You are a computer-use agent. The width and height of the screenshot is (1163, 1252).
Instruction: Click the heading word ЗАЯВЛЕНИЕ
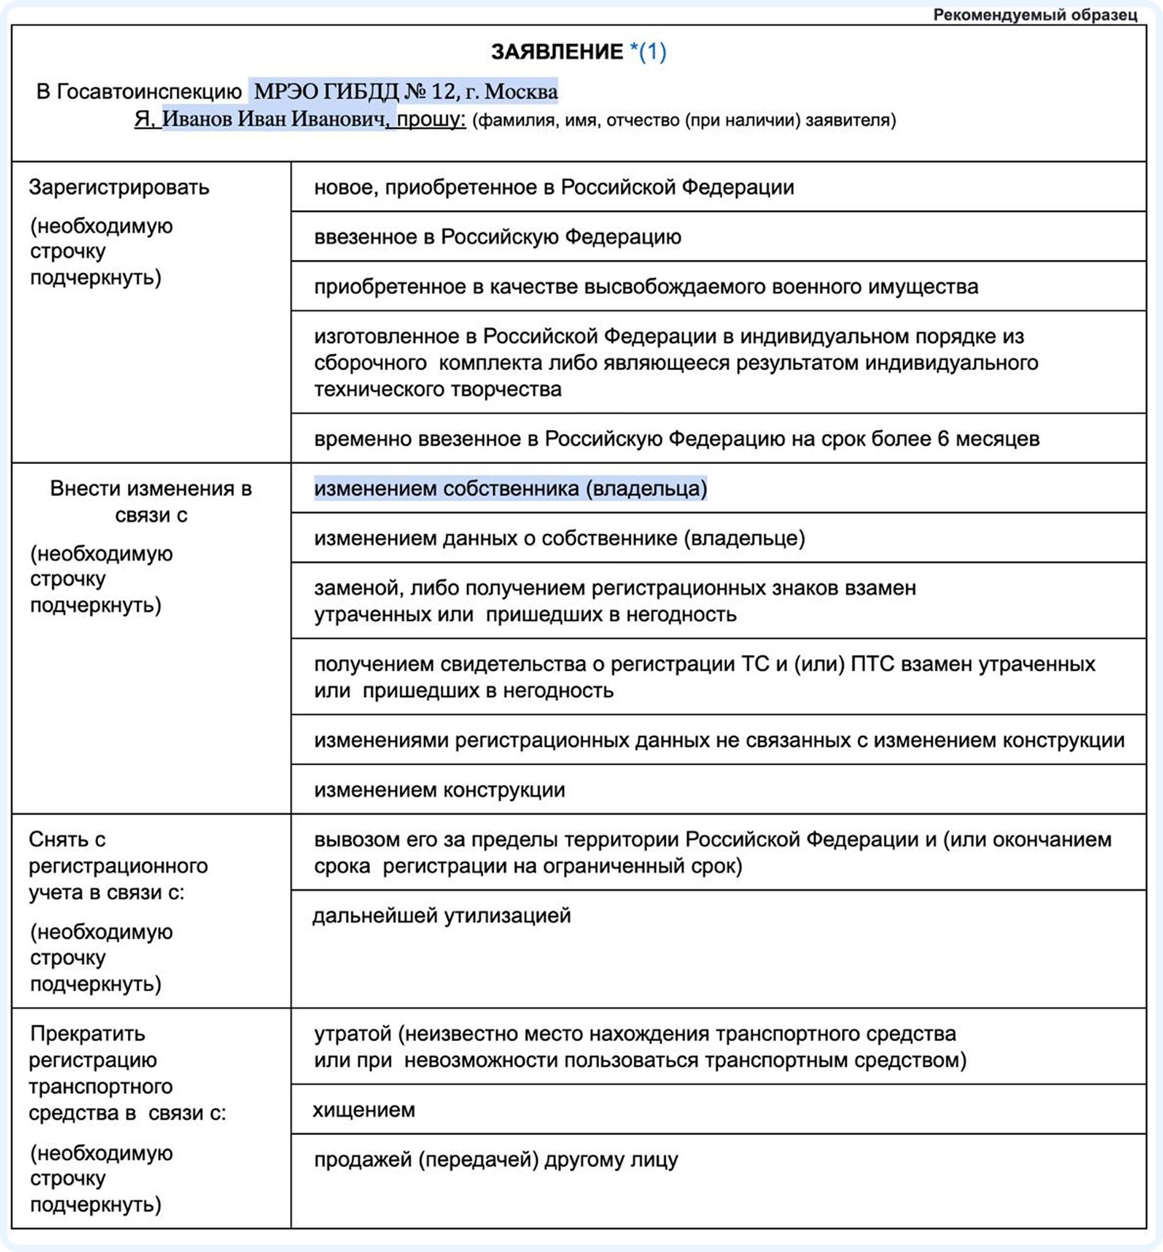point(557,52)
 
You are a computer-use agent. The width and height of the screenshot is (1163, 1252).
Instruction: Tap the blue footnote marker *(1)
point(648,52)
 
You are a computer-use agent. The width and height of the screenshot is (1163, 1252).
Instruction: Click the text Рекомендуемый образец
point(1035,15)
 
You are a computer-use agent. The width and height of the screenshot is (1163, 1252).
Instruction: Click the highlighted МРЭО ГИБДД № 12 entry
point(405,92)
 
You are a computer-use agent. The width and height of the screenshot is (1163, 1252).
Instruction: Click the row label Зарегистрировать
point(119,188)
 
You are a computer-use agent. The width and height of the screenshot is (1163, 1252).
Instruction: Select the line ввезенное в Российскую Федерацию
point(497,237)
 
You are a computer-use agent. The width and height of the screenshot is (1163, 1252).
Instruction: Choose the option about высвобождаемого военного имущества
point(646,287)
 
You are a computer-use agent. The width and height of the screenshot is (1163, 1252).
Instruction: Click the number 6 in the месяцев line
point(943,439)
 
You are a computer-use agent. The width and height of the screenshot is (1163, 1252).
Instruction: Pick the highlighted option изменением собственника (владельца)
point(511,488)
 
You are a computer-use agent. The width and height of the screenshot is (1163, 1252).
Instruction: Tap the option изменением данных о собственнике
point(560,538)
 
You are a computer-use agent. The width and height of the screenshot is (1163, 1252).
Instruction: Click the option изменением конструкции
point(439,790)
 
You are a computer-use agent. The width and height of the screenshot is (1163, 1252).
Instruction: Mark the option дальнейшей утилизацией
point(442,915)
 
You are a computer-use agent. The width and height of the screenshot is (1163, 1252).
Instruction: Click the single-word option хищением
point(365,1110)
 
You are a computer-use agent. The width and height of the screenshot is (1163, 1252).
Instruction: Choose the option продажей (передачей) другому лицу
point(496,1159)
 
